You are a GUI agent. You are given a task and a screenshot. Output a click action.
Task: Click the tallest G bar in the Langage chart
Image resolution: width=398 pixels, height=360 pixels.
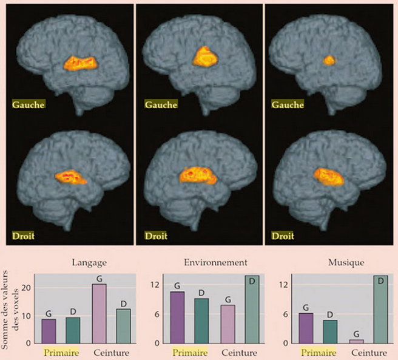point(98,313)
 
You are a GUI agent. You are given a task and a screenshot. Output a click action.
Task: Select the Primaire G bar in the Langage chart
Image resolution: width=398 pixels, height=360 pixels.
point(49,331)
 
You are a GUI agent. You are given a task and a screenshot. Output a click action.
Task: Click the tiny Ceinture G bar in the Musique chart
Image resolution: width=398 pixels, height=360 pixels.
point(357,341)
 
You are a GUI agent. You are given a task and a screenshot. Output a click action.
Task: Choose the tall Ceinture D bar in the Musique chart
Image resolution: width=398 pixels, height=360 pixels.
point(380,310)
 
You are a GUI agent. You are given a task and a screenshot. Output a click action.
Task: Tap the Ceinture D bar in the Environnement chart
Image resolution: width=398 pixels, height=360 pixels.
point(251,310)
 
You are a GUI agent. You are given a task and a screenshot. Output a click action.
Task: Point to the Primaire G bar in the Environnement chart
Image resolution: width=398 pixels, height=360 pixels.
point(178,318)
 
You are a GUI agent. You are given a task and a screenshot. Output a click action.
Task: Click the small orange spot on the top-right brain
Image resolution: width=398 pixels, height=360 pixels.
point(329,60)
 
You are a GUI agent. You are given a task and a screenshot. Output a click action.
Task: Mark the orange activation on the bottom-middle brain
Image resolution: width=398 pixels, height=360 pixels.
point(198,175)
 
